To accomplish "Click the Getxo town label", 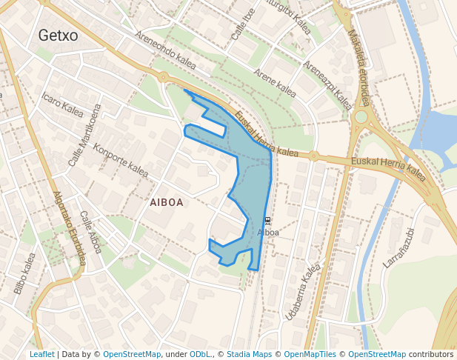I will [58, 35].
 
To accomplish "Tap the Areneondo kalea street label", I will [165, 51].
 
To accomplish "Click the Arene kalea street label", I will [275, 84].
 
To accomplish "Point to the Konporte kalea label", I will [121, 159].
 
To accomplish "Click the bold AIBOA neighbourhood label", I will [166, 201].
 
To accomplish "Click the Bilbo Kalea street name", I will [24, 273].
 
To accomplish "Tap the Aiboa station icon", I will [267, 221].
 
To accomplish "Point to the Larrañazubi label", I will [398, 247].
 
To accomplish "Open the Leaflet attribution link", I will [41, 355].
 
